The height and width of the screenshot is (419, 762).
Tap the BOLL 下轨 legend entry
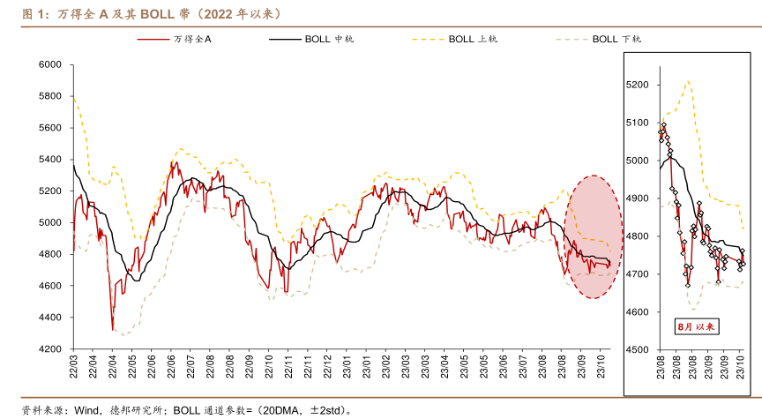tap(616, 39)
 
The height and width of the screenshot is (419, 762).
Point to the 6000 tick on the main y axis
tap(49, 64)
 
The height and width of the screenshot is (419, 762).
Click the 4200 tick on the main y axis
tap(49, 349)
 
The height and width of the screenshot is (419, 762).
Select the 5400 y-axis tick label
tap(49, 160)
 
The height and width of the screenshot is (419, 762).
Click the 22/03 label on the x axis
tap(73, 366)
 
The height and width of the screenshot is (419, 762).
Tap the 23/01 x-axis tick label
tap(367, 366)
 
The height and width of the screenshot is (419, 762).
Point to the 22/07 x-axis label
tap(190, 366)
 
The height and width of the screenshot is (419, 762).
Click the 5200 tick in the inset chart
tap(637, 85)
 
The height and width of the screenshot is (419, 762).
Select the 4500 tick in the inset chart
tap(637, 350)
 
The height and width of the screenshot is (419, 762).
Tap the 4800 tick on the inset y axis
tap(637, 236)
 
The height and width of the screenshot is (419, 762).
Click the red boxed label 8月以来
tap(698, 326)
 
